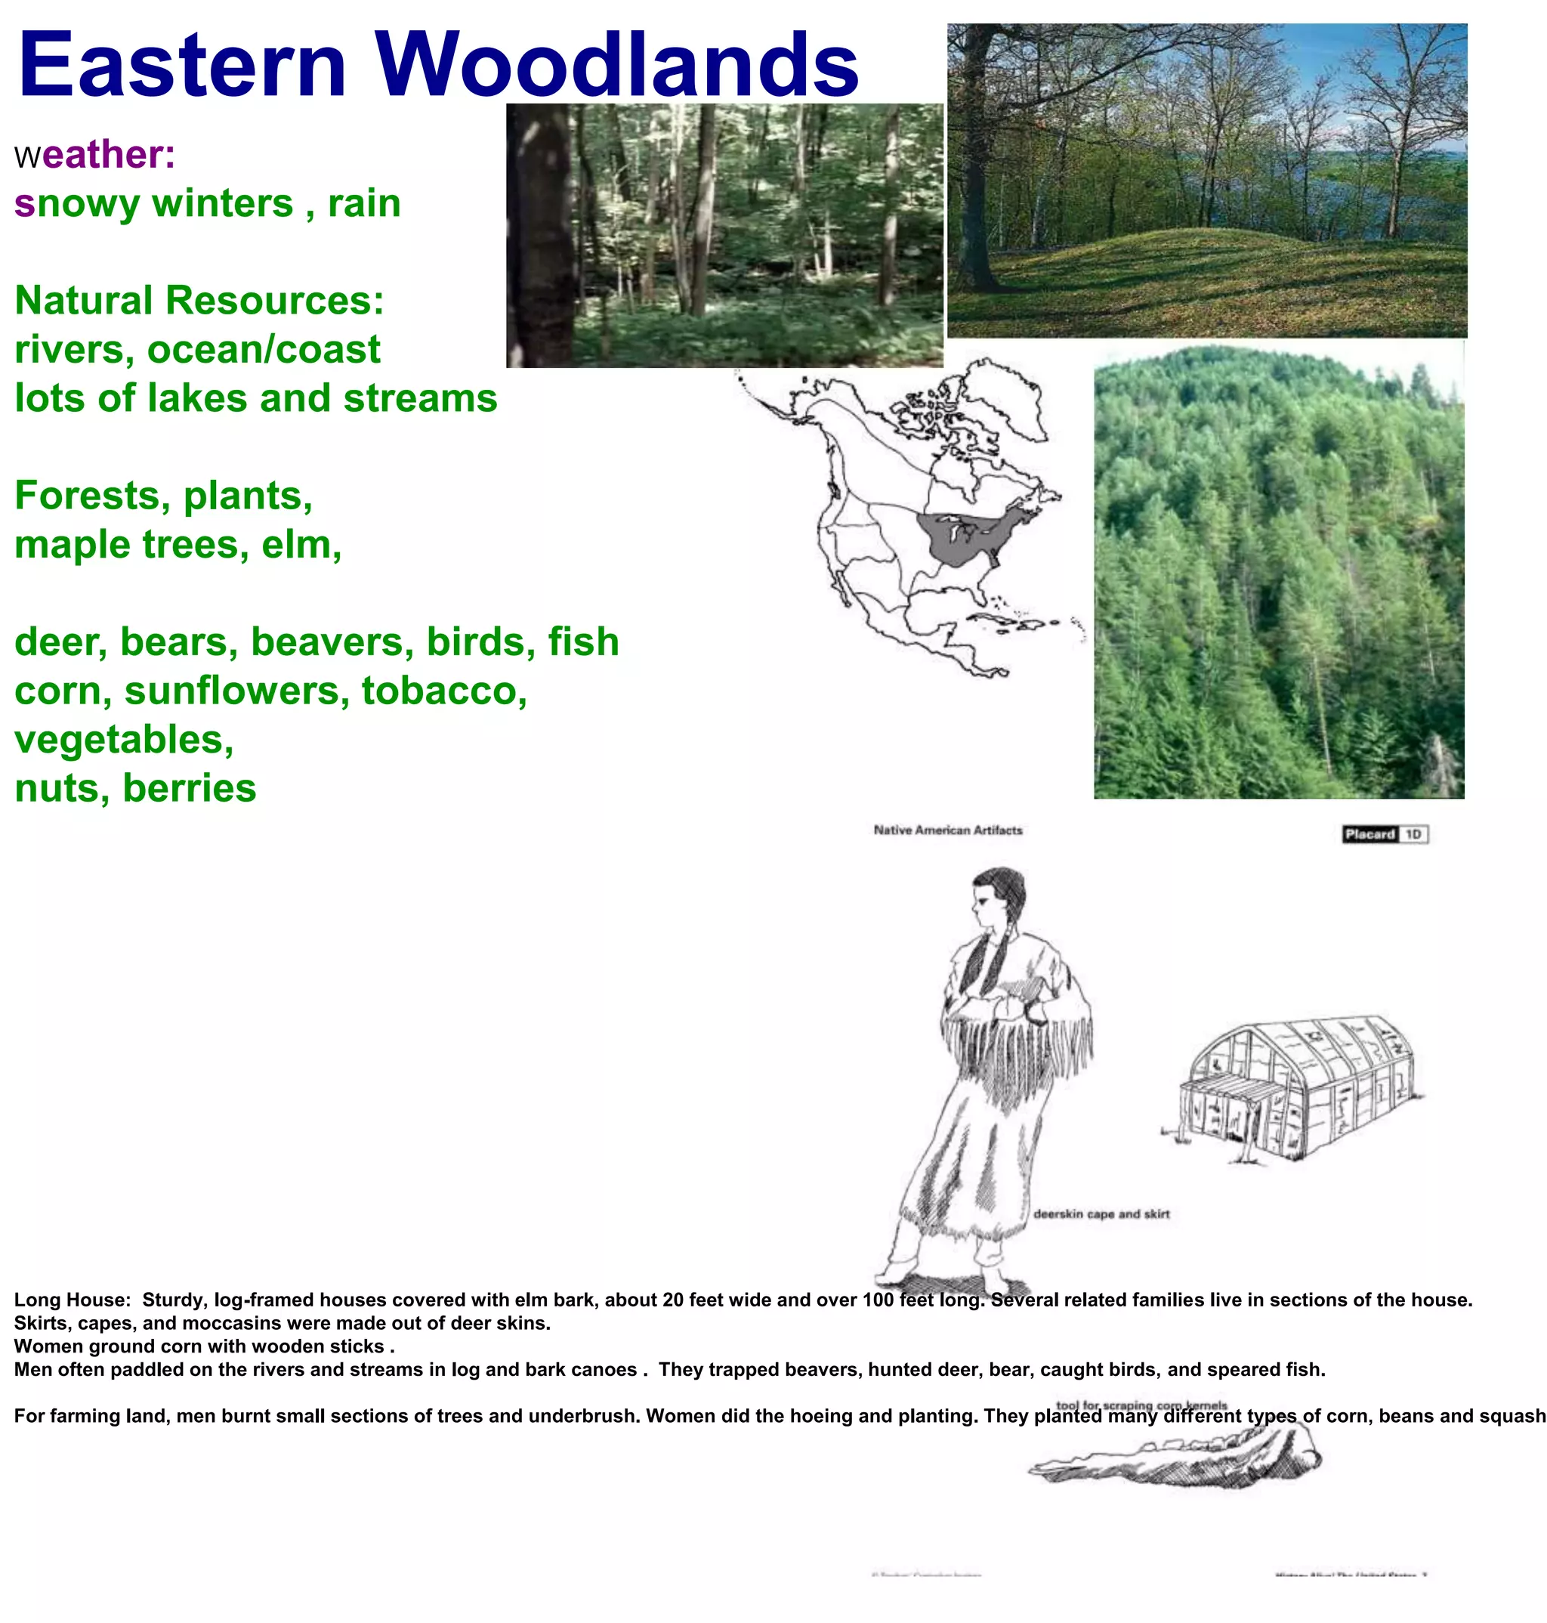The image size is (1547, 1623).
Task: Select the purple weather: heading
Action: (96, 155)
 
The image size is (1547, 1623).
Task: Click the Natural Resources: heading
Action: (199, 300)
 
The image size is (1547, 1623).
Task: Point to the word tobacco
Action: (443, 691)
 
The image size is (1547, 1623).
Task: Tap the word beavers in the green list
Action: (332, 642)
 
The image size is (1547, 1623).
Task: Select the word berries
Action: (190, 788)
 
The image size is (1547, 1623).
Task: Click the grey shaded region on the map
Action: (965, 536)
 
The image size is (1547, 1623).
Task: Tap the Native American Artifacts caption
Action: (947, 830)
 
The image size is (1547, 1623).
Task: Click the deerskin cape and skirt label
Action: (1101, 1214)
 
